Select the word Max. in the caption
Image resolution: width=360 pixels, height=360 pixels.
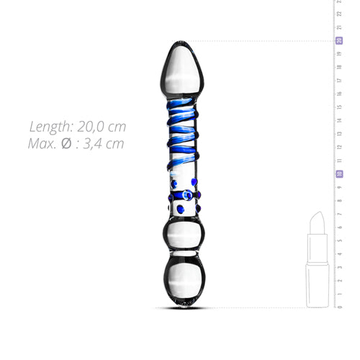point(45,143)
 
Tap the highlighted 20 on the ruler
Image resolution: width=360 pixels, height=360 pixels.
point(338,40)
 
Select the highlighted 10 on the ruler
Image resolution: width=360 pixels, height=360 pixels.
point(338,174)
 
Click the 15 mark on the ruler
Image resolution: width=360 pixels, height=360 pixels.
point(339,107)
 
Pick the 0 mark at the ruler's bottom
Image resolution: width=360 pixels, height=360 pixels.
point(339,307)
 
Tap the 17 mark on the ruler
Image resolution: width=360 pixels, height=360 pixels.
point(339,81)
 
